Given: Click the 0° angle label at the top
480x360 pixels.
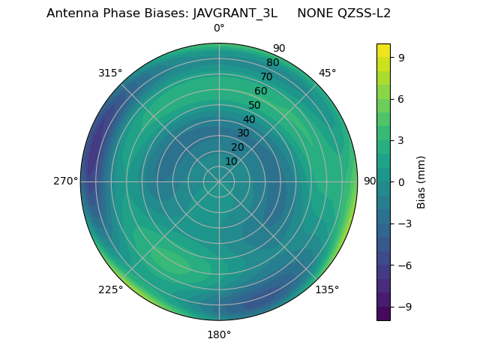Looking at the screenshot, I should [x=219, y=28].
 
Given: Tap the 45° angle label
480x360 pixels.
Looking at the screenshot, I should [x=327, y=73].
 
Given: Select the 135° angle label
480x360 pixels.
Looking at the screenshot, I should [x=327, y=289].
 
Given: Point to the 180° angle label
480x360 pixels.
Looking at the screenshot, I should [x=219, y=334].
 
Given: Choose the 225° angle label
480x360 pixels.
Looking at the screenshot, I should [x=110, y=290].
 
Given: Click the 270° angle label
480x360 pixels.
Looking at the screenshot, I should [x=66, y=181].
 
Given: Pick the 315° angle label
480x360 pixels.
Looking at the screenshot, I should [x=110, y=73].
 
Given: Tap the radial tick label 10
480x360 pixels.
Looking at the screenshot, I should [x=231, y=161].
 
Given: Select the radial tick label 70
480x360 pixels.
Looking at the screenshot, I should [x=266, y=76].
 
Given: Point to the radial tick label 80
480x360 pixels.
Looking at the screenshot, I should [x=272, y=62].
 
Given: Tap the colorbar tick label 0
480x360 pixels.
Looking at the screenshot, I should [x=401, y=181].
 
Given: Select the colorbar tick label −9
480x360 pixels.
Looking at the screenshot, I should [x=404, y=307].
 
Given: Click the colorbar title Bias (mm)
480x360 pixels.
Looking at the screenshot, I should [x=421, y=181].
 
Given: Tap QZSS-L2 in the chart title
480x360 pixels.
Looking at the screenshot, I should [x=364, y=13].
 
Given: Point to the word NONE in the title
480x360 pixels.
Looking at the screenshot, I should [x=315, y=13].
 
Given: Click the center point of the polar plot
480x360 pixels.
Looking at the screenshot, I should [x=219, y=181].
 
